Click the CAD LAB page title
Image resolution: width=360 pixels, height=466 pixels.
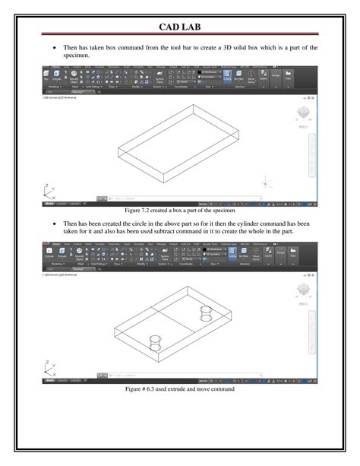tap(180, 28)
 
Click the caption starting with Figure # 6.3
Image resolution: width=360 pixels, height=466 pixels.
tap(180, 388)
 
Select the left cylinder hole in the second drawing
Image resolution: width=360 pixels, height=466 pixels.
tap(155, 340)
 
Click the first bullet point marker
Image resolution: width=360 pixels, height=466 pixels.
tap(54, 48)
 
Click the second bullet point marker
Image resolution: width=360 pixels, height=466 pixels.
tap(54, 226)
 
